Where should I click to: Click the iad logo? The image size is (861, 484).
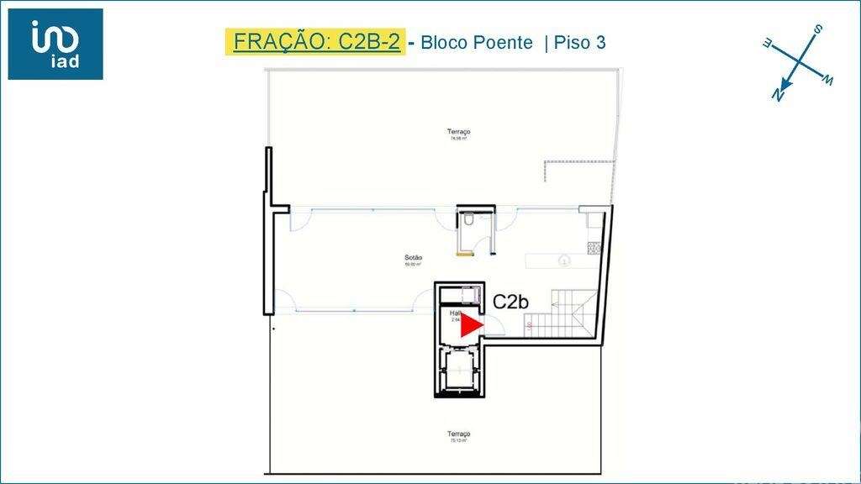click(55, 44)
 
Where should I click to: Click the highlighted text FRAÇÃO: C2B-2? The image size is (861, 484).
click(316, 42)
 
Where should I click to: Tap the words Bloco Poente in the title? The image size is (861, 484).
click(476, 43)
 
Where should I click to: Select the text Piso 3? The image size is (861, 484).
click(580, 43)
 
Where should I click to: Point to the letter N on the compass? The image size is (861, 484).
click(778, 96)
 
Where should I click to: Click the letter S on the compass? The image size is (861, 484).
click(818, 30)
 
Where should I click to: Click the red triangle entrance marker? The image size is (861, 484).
click(473, 326)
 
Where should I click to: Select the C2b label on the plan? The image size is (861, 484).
click(510, 302)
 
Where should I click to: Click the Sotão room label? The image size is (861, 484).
click(413, 259)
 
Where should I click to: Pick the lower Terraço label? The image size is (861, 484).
click(458, 434)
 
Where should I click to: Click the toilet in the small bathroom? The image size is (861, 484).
click(467, 220)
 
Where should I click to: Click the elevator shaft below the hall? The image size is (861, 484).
click(458, 369)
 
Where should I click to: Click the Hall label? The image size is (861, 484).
click(455, 313)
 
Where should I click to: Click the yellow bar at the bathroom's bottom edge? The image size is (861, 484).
click(463, 253)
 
